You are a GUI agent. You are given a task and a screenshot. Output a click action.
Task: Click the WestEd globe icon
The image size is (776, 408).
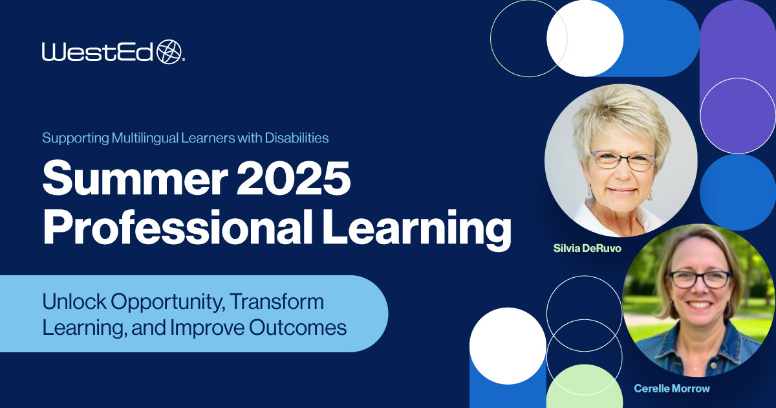[170, 51]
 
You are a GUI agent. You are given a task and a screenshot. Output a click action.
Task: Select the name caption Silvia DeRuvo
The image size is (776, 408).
[585, 248]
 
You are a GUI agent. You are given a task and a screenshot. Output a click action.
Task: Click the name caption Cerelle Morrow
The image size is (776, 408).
[671, 389]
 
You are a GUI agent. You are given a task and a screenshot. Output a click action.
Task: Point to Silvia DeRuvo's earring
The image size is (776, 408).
[650, 194]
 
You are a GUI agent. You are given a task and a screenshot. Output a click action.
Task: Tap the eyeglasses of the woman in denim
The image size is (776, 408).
[700, 278]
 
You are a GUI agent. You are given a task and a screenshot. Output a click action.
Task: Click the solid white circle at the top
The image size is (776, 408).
[585, 38]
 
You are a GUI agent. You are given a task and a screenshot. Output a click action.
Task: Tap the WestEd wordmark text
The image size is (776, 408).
[98, 52]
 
